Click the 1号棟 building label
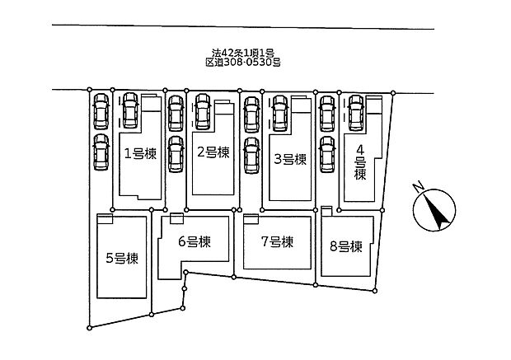tap(140, 154)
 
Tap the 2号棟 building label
tap(213, 152)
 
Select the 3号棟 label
tap(290, 159)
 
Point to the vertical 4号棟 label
tap(360, 162)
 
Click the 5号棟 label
tap(122, 259)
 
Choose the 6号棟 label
tap(195, 241)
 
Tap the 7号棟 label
tap(277, 241)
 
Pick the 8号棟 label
tap(346, 246)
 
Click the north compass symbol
tap(434, 210)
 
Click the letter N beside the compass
tap(418, 187)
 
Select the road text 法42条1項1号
tap(243, 53)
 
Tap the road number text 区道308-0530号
tap(243, 63)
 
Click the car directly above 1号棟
tap(130, 110)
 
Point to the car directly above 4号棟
tap(356, 113)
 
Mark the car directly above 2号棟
tap(203, 111)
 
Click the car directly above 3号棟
tap(280, 113)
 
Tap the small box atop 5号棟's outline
tap(105, 218)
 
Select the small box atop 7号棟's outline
tap(251, 219)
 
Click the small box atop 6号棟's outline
tap(176, 218)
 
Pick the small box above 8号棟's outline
tap(326, 211)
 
